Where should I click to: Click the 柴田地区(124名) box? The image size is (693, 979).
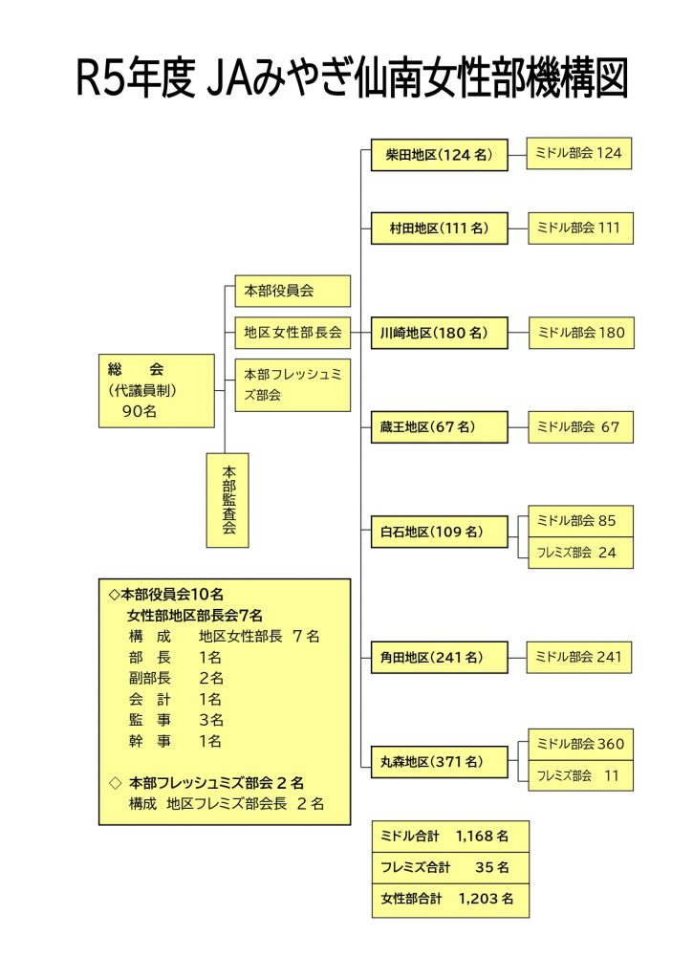(x=439, y=155)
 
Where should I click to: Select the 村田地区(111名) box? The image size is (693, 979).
(x=439, y=228)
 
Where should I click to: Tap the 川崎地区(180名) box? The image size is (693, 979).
(x=439, y=333)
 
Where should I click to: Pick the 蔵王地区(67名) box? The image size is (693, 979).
(x=439, y=427)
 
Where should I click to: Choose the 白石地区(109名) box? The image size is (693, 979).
(x=439, y=532)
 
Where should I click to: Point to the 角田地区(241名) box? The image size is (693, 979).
(x=439, y=658)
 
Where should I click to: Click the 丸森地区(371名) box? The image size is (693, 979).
(x=439, y=762)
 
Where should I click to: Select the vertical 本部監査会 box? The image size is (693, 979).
(x=227, y=501)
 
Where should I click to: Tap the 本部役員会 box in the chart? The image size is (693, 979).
(x=292, y=291)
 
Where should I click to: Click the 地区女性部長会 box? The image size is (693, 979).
(x=292, y=333)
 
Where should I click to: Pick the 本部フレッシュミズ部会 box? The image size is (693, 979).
(x=292, y=385)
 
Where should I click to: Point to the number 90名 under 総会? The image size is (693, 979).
(x=140, y=411)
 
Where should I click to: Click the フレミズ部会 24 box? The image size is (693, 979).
(x=580, y=553)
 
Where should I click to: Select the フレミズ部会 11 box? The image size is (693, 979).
(x=580, y=775)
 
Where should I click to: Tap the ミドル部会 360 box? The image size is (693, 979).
(x=580, y=744)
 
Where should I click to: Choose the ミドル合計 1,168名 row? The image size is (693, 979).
(x=450, y=837)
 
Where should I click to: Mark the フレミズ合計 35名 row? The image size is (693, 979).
(x=450, y=868)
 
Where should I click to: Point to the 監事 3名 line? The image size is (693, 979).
(x=176, y=720)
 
